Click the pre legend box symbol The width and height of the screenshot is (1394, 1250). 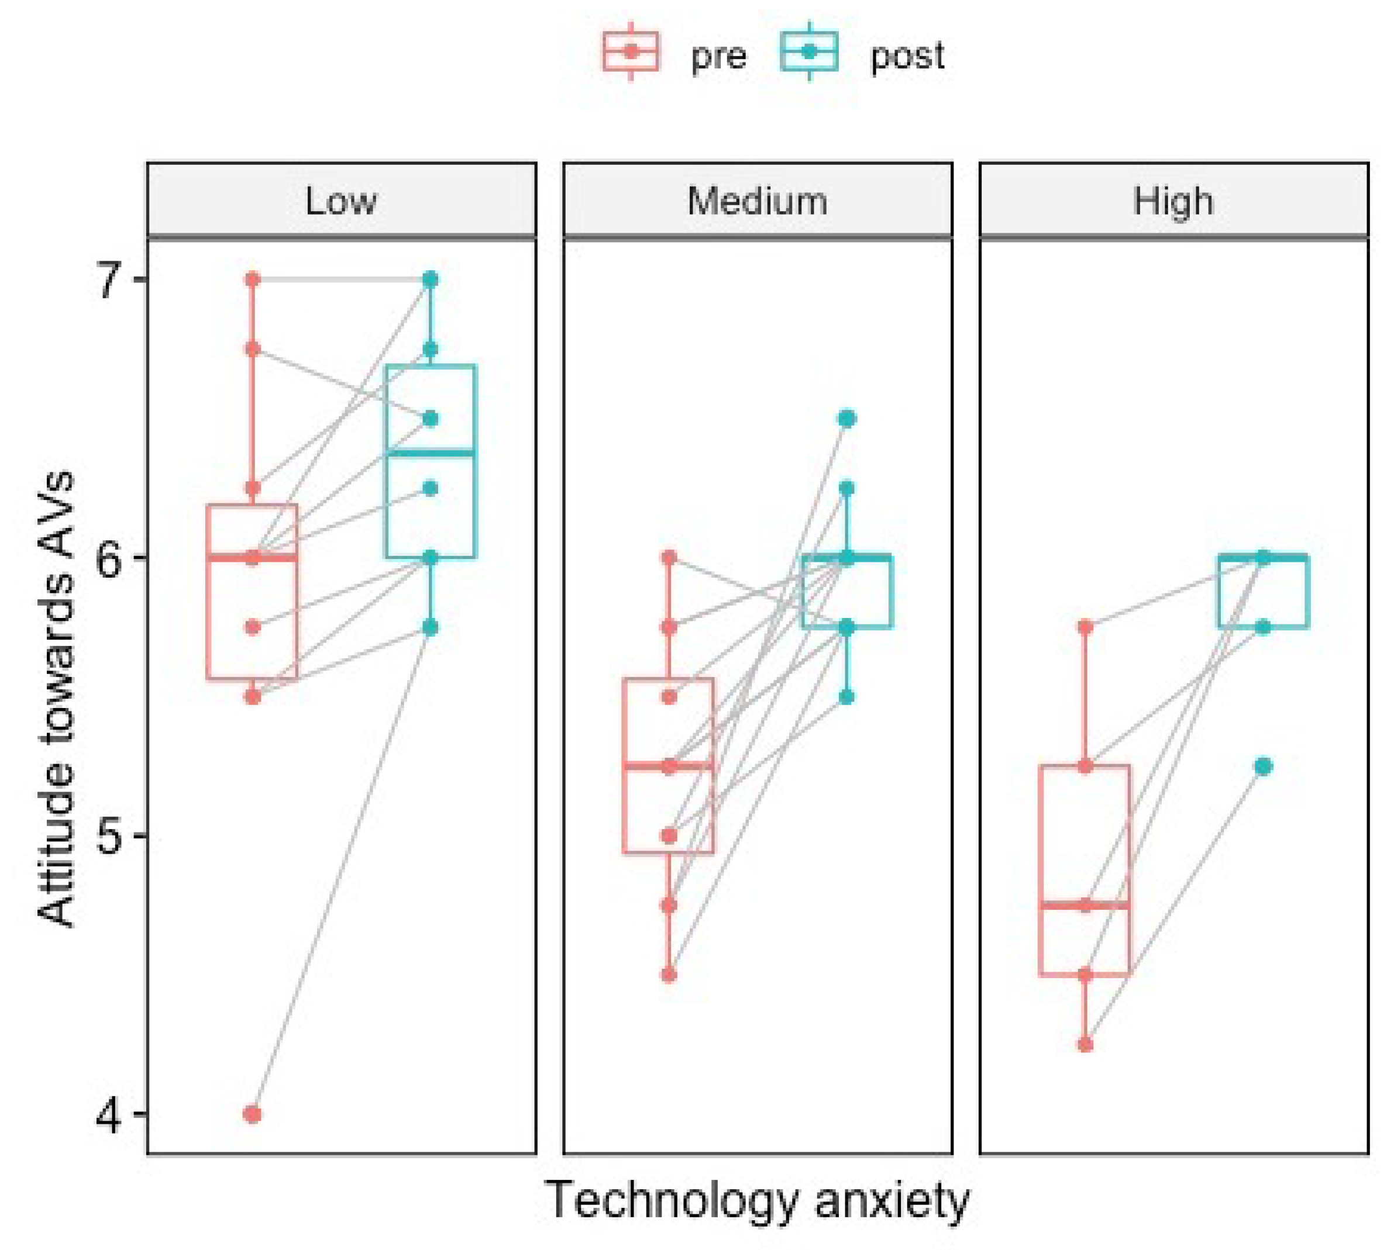[x=630, y=51]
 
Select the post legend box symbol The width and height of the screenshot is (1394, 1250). [x=810, y=51]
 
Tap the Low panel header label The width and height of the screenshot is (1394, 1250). [x=341, y=201]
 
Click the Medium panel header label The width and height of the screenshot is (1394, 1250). [x=757, y=201]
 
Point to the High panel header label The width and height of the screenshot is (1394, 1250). [x=1173, y=201]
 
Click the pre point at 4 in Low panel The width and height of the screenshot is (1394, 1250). [x=253, y=1114]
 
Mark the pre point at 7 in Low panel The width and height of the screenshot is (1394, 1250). [x=253, y=279]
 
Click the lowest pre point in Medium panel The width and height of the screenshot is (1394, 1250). [x=669, y=975]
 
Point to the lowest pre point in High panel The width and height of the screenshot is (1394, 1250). [x=1086, y=1045]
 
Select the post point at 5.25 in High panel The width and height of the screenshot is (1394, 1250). [x=1264, y=766]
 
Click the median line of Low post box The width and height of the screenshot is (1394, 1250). [x=431, y=453]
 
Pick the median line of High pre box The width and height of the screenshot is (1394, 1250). [x=1086, y=905]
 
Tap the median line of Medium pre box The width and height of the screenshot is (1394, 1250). [x=669, y=766]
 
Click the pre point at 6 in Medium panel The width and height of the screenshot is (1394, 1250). [x=669, y=557]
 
